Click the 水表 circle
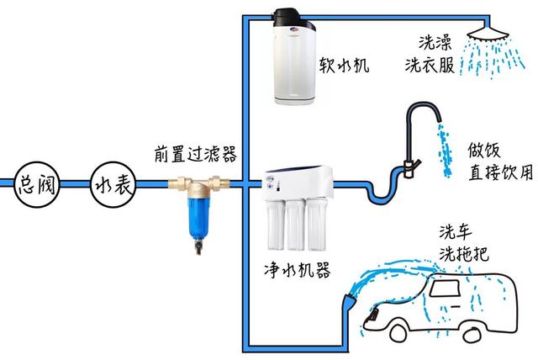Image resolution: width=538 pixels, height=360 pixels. [110, 183]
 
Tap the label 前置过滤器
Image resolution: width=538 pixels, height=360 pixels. [194, 154]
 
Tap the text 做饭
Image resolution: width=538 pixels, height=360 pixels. [483, 152]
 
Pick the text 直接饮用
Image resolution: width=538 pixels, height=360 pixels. [500, 173]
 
